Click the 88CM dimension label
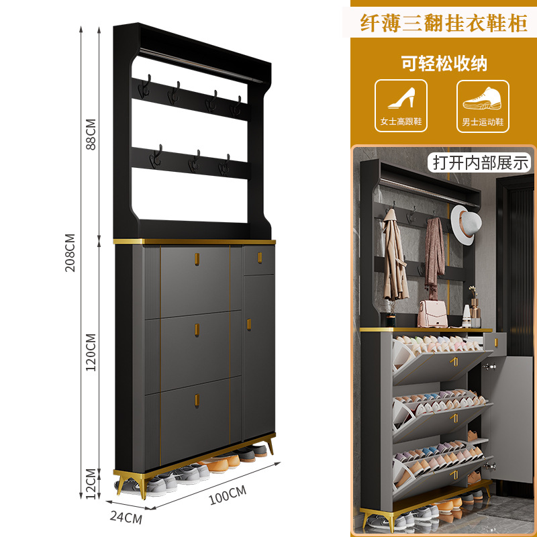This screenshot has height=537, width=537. coord(91,134)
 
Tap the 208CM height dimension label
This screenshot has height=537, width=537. coord(70,252)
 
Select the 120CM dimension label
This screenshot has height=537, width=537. coord(91,352)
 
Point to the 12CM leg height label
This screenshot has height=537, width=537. coord(91,481)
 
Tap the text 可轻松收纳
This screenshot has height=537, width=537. coord(444,64)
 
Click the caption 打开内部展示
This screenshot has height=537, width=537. coord(481,162)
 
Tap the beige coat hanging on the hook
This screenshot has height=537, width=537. coord(394,262)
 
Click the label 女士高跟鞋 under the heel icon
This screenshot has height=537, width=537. coord(401,122)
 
